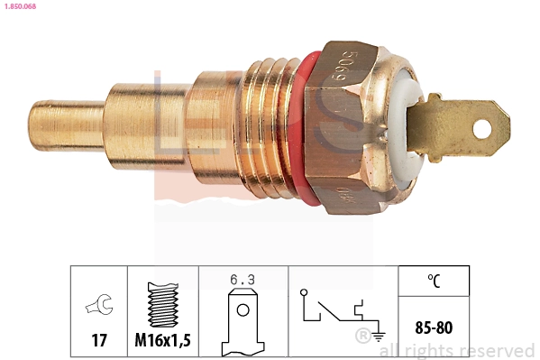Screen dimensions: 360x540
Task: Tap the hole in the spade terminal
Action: (x=480, y=127)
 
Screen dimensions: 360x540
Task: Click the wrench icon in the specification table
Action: (x=98, y=307)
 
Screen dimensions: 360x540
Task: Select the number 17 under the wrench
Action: (x=98, y=341)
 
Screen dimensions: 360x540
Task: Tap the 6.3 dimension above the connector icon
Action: (x=243, y=281)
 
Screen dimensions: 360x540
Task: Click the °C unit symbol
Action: (x=434, y=281)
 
